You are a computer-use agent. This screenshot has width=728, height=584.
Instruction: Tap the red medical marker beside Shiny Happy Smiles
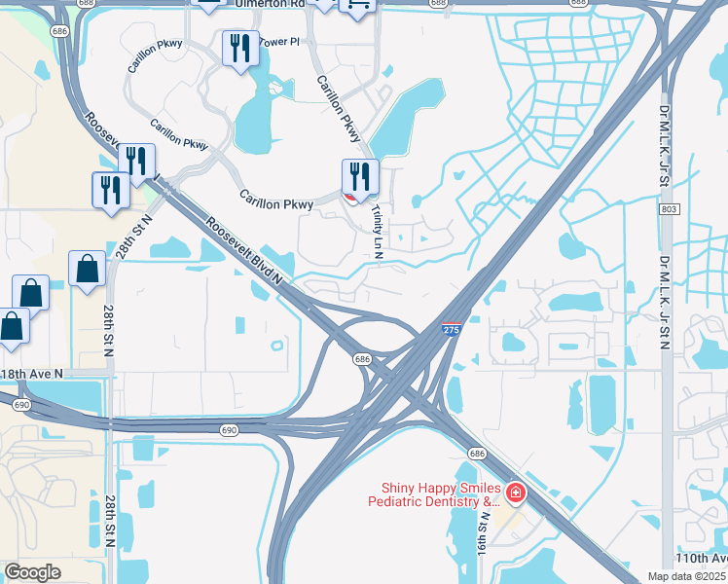click(x=514, y=494)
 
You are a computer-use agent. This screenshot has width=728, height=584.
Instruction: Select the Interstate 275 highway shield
click(x=451, y=331)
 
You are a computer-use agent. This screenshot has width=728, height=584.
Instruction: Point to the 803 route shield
click(x=668, y=209)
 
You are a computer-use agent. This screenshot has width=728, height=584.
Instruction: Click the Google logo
click(x=33, y=572)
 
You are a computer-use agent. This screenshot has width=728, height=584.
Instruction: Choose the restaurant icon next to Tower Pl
click(x=239, y=49)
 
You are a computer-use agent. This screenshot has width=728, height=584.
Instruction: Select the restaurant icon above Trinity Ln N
click(x=360, y=178)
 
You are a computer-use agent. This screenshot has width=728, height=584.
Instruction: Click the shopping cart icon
click(x=356, y=6)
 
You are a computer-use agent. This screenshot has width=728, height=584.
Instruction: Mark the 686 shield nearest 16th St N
click(x=477, y=454)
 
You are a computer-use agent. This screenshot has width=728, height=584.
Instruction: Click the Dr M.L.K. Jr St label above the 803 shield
click(x=665, y=136)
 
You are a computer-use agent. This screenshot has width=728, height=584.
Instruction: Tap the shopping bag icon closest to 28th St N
click(x=87, y=269)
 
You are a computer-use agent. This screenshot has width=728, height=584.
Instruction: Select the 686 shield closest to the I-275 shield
click(x=362, y=359)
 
